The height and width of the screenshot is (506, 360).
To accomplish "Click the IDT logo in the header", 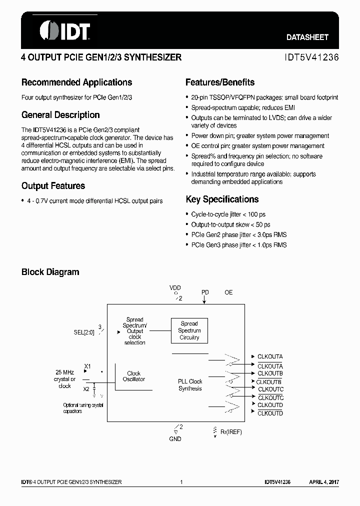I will pos(64,30).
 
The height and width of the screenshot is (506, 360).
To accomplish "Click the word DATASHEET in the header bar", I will pos(307,37).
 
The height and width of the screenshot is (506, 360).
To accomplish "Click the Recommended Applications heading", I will pos(76,82).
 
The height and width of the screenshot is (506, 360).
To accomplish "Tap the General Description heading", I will pos(60,115).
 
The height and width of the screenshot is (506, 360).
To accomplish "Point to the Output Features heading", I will pos(53,186).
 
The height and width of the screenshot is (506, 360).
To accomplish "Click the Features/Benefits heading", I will pos(219,82).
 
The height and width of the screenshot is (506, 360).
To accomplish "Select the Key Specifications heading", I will pos(222,199).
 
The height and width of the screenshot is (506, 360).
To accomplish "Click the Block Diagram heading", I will pos(50,272).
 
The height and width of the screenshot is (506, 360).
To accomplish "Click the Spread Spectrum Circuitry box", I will pos(189,330).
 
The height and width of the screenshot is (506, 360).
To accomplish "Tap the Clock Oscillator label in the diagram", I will pos(134,376).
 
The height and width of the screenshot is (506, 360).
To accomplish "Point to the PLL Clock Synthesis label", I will pos(190,385).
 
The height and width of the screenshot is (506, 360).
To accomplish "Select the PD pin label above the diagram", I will pos(205,292).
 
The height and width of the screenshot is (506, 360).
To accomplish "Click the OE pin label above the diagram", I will pos(228,292).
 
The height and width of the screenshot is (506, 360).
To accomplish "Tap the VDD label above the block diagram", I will pos(175,288).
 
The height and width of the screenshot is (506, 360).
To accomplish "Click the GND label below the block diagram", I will pos(175,438).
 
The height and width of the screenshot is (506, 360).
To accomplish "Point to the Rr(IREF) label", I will pos(231,431).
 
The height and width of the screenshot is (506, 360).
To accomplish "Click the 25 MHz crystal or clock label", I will pos(65,379).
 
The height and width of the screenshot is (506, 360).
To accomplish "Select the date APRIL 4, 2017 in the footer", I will pos(323,482).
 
